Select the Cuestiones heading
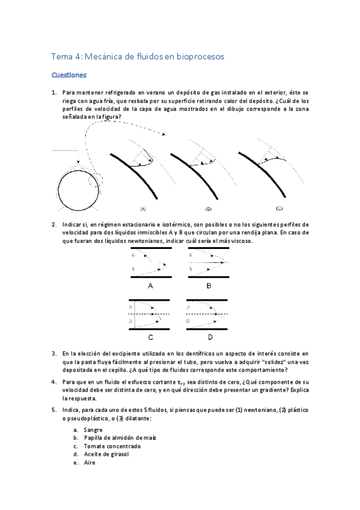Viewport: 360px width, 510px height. [69, 76]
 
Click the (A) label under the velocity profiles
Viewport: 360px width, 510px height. [143, 209]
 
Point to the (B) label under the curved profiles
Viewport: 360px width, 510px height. [208, 209]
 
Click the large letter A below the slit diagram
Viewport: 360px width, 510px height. [150, 286]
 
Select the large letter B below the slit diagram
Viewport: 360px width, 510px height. [209, 286]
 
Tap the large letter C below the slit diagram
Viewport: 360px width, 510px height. [150, 337]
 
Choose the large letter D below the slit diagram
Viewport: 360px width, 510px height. [209, 337]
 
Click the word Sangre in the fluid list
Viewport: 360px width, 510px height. [94, 430]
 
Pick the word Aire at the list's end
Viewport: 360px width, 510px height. [90, 463]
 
